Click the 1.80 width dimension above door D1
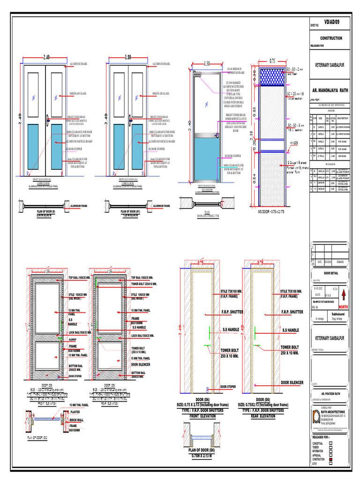[x=128, y=57]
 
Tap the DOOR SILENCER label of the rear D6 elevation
[x=292, y=382]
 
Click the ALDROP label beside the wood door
[x=72, y=338]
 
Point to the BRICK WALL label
[x=77, y=420]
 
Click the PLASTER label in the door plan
[x=75, y=412]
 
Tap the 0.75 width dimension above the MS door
[x=271, y=60]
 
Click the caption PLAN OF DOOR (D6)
[x=202, y=450]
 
